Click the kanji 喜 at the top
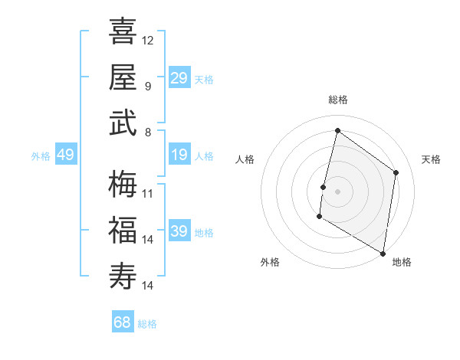tap(123, 31)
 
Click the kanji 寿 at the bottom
tap(123, 276)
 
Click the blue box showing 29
tap(179, 78)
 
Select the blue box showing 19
tap(179, 155)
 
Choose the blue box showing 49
tap(65, 155)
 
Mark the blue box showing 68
tap(123, 322)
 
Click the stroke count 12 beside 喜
tap(148, 40)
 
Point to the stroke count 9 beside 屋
tap(148, 86)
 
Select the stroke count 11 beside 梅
tap(148, 193)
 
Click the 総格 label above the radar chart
tap(338, 100)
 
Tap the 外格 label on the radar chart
tap(270, 262)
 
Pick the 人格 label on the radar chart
tap(245, 159)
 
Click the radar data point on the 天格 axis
tap(396, 172)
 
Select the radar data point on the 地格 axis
tap(383, 253)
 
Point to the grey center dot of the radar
tap(337, 191)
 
